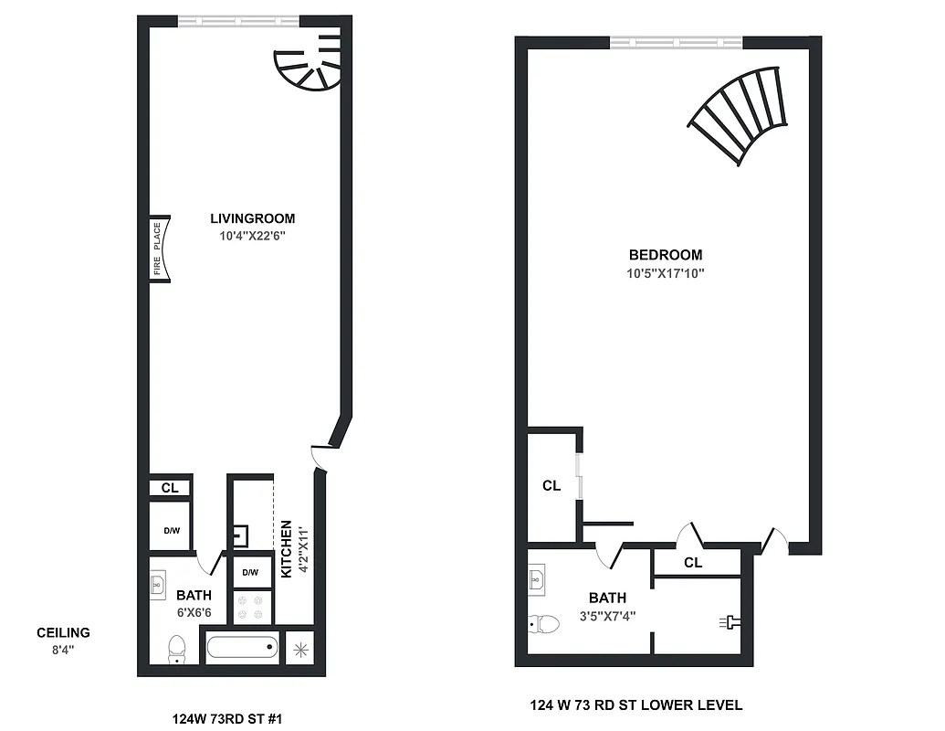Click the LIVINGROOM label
pyautogui.click(x=253, y=218)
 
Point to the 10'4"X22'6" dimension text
pyautogui.click(x=253, y=236)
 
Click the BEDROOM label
pyautogui.click(x=666, y=255)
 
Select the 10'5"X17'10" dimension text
pyautogui.click(x=666, y=272)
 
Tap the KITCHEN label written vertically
pyautogui.click(x=287, y=548)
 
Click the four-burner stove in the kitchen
pyautogui.click(x=251, y=605)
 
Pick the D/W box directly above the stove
pyautogui.click(x=250, y=572)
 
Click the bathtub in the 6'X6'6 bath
pyautogui.click(x=242, y=650)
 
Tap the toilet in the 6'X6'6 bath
pyautogui.click(x=177, y=650)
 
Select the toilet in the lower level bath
pyautogui.click(x=544, y=624)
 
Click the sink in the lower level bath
pyautogui.click(x=538, y=578)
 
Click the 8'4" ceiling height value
pyautogui.click(x=63, y=650)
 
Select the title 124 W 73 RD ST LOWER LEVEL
pyautogui.click(x=635, y=705)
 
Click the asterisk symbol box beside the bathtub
pyautogui.click(x=300, y=650)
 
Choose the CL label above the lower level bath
pyautogui.click(x=693, y=563)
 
